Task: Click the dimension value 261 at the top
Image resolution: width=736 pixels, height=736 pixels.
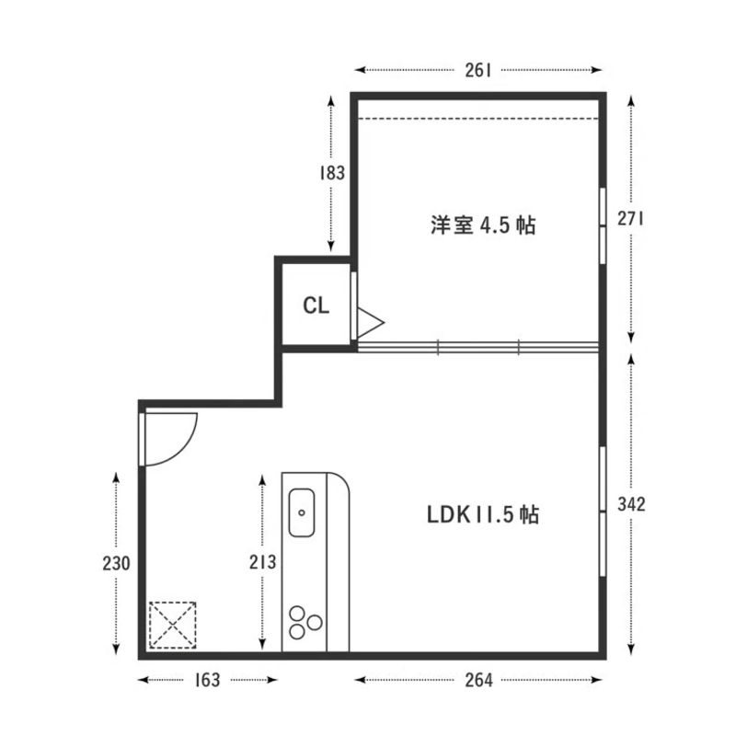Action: click(x=477, y=69)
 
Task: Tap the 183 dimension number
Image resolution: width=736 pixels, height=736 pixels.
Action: click(x=332, y=172)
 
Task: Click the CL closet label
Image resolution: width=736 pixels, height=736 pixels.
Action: click(x=316, y=306)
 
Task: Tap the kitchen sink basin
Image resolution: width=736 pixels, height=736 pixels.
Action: click(x=302, y=512)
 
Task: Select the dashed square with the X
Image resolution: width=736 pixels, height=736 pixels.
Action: click(x=173, y=626)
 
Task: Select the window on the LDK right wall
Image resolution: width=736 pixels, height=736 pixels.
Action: click(x=603, y=512)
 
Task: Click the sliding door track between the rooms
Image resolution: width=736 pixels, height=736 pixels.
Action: click(x=478, y=347)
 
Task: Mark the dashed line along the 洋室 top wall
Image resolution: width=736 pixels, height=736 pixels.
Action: click(x=478, y=118)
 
